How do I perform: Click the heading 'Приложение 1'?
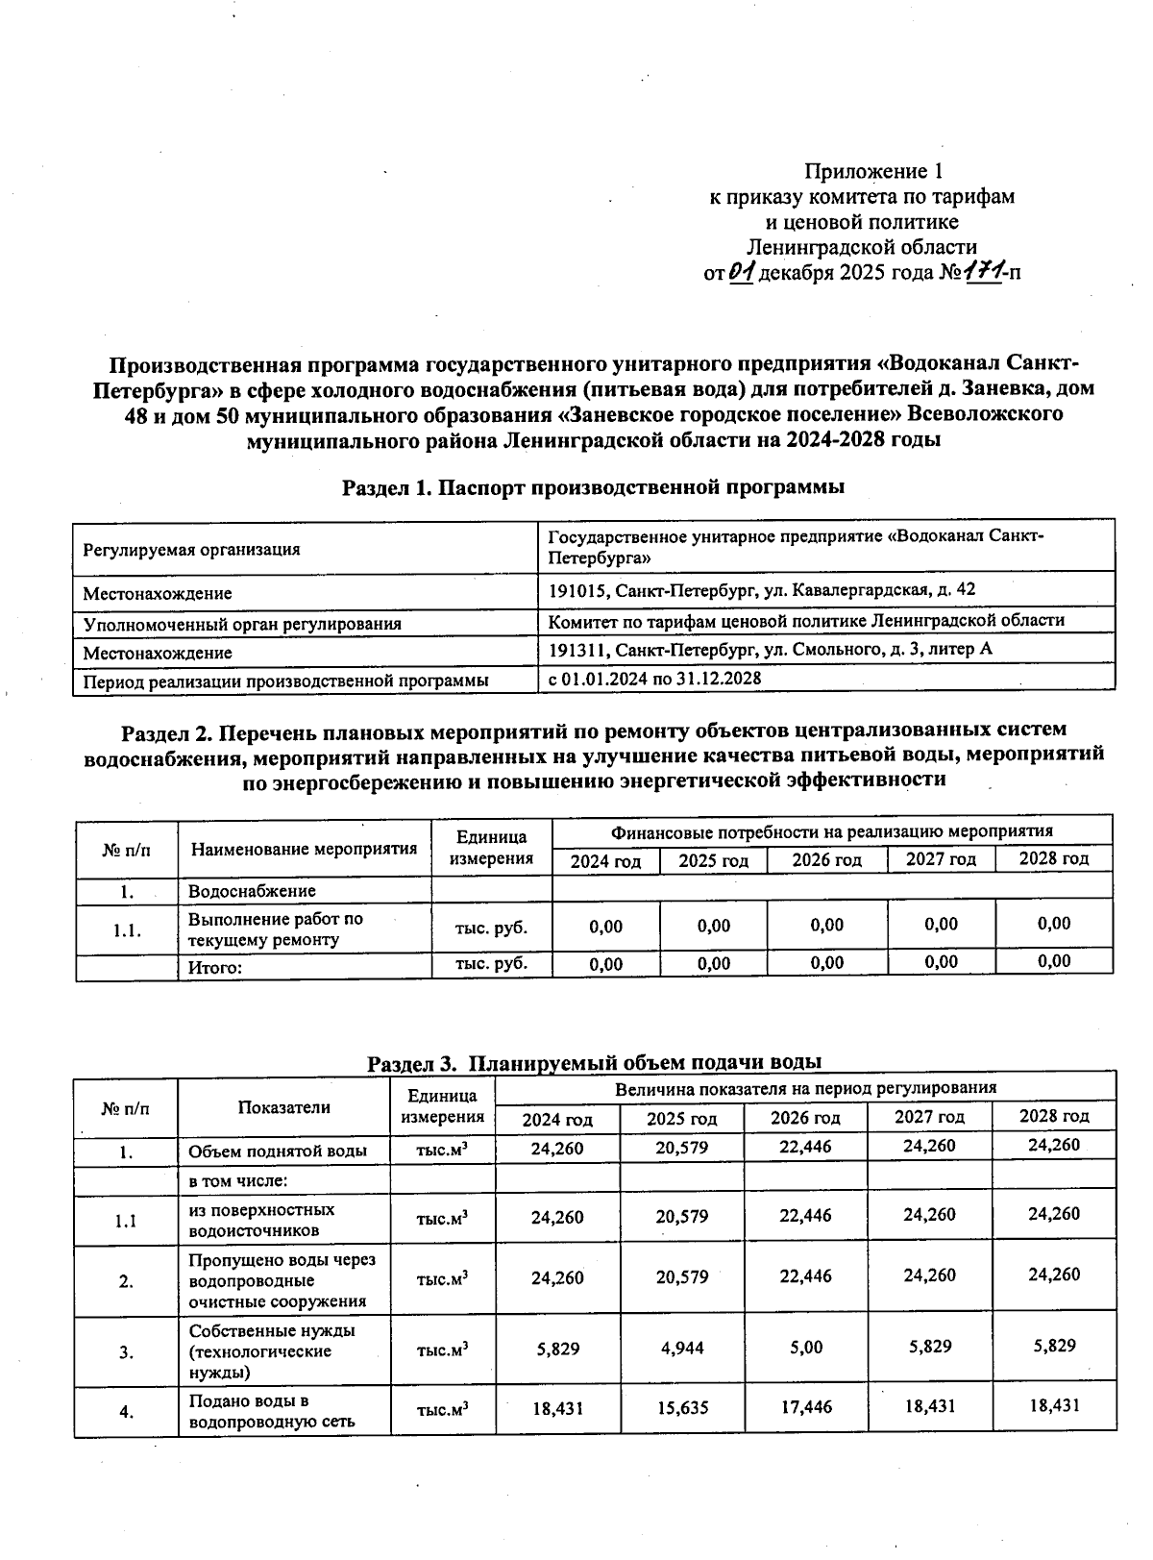point(872,172)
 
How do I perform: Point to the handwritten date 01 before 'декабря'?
point(742,272)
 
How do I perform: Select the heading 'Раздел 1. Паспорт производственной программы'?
point(593,487)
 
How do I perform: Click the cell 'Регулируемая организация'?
point(191,550)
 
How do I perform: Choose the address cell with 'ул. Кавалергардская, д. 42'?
point(761,589)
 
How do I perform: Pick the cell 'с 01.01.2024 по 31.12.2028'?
point(654,679)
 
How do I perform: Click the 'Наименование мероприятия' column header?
point(304,849)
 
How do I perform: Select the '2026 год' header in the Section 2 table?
point(826,860)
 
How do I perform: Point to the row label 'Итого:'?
point(214,968)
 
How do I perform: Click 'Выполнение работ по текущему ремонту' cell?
point(275,929)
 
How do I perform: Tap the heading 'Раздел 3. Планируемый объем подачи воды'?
point(595,1062)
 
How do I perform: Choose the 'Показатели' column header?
point(283,1107)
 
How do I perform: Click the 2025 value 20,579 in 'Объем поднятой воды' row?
point(681,1148)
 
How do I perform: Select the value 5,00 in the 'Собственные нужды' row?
point(805,1348)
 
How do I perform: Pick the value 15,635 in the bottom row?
point(681,1408)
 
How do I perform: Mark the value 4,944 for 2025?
point(681,1348)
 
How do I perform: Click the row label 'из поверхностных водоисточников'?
point(261,1220)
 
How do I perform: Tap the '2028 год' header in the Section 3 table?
point(1053,1116)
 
